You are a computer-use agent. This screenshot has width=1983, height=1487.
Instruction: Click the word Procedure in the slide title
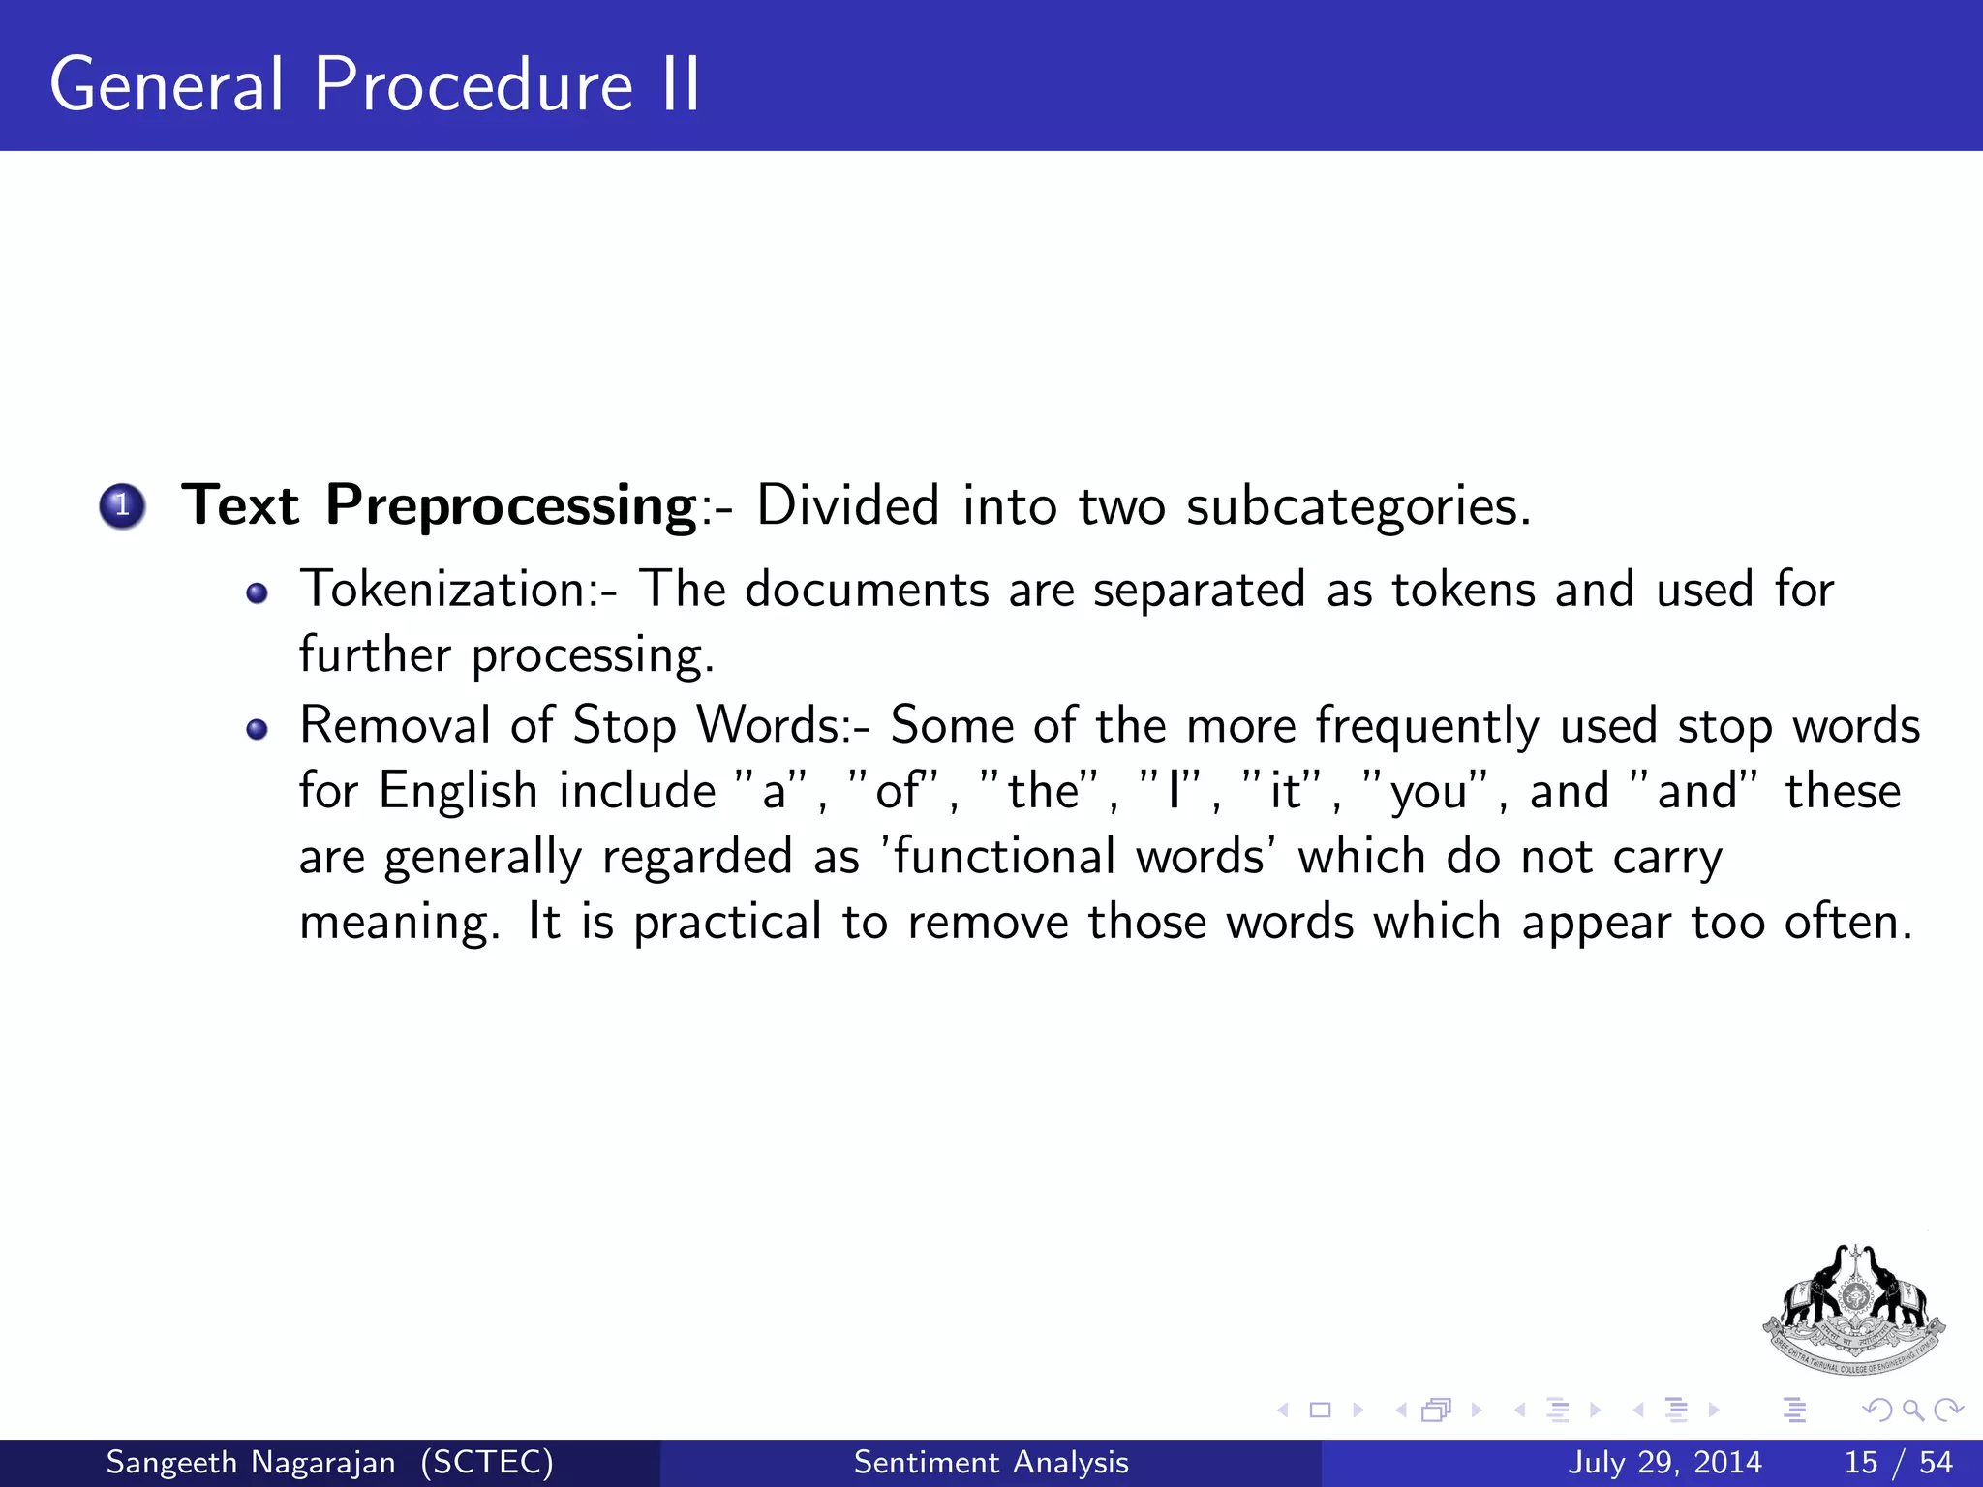point(473,85)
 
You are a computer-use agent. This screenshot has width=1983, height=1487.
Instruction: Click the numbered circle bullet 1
point(122,505)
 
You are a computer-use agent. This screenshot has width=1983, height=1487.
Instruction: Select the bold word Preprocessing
point(510,505)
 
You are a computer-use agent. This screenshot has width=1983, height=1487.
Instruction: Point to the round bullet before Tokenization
point(257,593)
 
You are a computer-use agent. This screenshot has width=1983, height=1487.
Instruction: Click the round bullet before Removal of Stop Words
point(257,729)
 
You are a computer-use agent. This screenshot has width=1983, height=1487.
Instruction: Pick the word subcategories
point(1358,505)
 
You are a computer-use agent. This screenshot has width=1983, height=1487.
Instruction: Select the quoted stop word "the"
point(1043,790)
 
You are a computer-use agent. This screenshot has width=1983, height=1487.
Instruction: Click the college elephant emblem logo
point(1853,1309)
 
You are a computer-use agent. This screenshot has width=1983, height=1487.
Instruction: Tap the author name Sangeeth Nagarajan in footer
point(251,1462)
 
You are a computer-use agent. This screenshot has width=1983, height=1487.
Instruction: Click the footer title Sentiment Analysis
point(991,1462)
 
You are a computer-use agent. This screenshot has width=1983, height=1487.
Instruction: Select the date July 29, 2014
point(1664,1462)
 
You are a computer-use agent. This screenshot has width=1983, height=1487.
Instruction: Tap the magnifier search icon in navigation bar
point(1912,1411)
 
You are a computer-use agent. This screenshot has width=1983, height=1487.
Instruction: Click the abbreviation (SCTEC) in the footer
point(487,1462)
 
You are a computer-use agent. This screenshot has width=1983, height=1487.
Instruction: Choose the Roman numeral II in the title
point(681,85)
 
